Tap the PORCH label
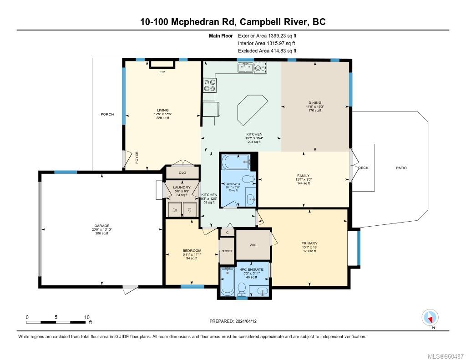[107, 114]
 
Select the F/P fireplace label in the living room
[162, 72]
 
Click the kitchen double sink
[245, 68]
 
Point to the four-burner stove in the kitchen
[209, 85]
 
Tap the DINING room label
[314, 103]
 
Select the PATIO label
[401, 168]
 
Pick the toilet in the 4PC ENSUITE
[242, 288]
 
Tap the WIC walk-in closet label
[253, 245]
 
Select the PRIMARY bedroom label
[309, 243]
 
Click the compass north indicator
[430, 317]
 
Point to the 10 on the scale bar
[86, 317]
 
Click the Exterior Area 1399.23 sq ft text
[267, 35]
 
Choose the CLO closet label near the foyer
[182, 173]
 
